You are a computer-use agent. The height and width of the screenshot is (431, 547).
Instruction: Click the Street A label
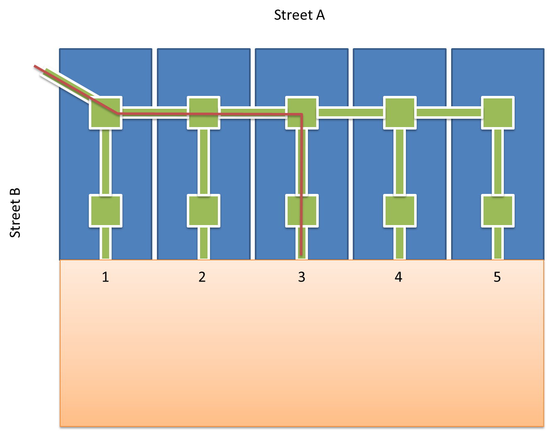point(299,15)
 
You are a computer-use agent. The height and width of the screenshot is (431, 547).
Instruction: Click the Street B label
point(15,213)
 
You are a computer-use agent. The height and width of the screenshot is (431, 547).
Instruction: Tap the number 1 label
point(105,277)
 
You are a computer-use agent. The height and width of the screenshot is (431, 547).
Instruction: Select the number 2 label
point(202,277)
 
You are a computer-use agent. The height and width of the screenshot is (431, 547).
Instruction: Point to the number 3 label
point(302,277)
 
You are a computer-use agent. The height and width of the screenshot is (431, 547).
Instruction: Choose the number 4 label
point(398,277)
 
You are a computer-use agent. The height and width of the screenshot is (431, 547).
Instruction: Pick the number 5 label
point(497,277)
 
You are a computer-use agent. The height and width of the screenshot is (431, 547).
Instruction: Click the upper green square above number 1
point(106,113)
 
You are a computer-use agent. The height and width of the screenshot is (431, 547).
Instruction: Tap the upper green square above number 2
point(203,113)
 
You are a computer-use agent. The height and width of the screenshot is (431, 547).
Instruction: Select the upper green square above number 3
point(302,113)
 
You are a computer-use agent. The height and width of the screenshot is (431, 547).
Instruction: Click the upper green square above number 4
point(399,113)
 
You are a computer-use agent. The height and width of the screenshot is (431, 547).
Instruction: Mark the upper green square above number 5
point(498,113)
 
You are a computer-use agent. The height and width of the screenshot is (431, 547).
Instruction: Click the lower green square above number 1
point(106,211)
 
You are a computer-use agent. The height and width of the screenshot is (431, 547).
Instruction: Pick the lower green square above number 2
point(203,211)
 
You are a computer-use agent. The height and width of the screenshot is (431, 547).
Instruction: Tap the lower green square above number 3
point(302,211)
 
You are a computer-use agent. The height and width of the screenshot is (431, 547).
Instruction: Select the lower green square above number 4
point(399,211)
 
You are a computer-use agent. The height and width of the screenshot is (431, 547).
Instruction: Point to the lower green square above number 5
point(498,211)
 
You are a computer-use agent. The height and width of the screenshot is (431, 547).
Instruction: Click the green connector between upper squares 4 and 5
point(449,112)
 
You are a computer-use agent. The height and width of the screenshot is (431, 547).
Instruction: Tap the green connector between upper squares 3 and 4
point(351,112)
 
